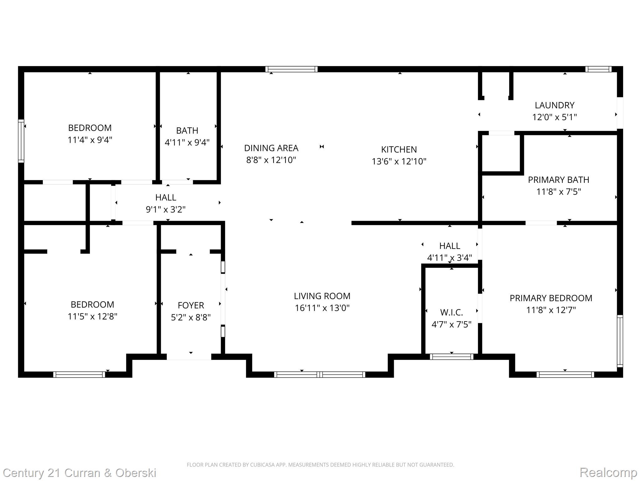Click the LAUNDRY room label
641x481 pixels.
(554, 105)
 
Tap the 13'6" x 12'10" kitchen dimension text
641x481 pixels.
(399, 161)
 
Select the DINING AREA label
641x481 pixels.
(271, 148)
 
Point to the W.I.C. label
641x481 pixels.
(451, 312)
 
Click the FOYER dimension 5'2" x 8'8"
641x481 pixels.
(191, 317)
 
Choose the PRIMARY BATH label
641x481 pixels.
(558, 180)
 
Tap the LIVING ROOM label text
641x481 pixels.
(322, 296)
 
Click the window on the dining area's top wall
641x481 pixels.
(291, 69)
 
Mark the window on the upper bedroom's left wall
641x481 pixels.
(21, 141)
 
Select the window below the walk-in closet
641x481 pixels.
(451, 357)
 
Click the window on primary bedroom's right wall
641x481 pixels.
(620, 341)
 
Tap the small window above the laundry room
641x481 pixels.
(598, 69)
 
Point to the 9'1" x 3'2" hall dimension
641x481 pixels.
(166, 209)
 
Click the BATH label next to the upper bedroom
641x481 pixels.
(187, 130)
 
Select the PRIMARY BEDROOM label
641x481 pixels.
(551, 298)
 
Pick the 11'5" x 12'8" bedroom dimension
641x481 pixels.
(92, 316)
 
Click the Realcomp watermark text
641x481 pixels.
(608, 472)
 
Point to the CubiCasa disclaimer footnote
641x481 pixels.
(320, 465)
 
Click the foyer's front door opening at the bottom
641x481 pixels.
(189, 357)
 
